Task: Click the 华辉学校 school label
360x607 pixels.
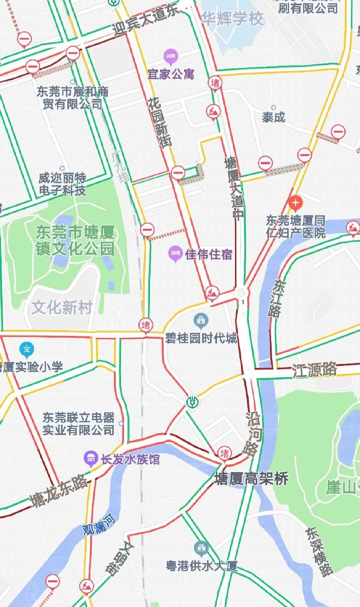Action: click(x=232, y=18)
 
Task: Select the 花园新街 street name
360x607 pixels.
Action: click(x=160, y=122)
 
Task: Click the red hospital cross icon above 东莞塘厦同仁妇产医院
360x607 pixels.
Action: click(x=295, y=203)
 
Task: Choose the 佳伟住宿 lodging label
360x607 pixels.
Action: click(x=208, y=254)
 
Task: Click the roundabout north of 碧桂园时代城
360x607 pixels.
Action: click(x=241, y=293)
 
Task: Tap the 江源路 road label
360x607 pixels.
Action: click(x=314, y=370)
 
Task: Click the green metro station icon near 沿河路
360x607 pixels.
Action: click(x=192, y=402)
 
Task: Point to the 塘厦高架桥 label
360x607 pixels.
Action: click(x=251, y=479)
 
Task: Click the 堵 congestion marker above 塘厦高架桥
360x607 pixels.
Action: click(x=225, y=453)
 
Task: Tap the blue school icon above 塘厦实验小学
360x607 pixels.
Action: click(x=27, y=349)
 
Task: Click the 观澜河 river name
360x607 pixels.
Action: click(x=99, y=525)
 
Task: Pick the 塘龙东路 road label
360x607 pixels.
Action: click(x=59, y=491)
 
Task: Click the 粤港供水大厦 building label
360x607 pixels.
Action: click(x=202, y=566)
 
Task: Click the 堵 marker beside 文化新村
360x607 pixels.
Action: click(x=146, y=325)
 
